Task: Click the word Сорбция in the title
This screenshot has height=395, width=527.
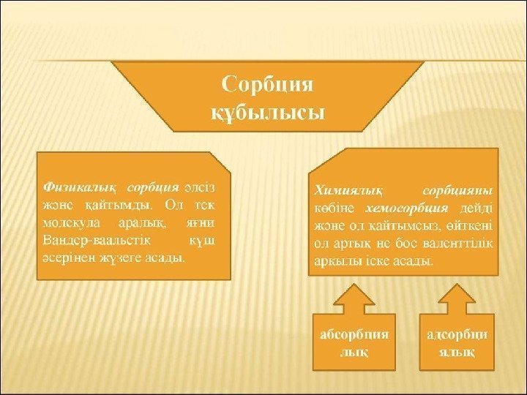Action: [x=267, y=85]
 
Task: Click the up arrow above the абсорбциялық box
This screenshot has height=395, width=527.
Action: [x=354, y=298]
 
